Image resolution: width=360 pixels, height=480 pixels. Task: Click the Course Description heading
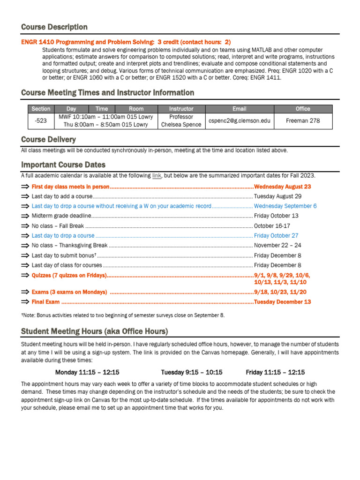[x=54, y=27]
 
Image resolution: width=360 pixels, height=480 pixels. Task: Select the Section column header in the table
[x=41, y=109]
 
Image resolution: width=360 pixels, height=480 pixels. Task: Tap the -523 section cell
[x=41, y=120]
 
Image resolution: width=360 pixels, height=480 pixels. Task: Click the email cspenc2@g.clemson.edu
[x=239, y=120]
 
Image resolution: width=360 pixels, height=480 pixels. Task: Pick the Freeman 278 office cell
[x=303, y=120]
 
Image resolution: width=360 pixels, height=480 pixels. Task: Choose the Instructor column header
[x=181, y=109]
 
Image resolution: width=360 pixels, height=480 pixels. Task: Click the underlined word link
[x=157, y=176]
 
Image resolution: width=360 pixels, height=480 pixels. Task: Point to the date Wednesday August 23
[x=282, y=187]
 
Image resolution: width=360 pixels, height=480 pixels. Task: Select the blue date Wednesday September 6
[x=285, y=206]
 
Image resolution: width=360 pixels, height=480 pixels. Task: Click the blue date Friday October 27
[x=276, y=236]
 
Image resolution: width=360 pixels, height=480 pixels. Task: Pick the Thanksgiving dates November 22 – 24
[x=277, y=246]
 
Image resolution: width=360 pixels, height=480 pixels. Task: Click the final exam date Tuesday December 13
[x=282, y=302]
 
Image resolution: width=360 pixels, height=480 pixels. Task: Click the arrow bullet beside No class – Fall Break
[x=25, y=226]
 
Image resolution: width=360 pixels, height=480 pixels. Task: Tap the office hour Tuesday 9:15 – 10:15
[x=192, y=373]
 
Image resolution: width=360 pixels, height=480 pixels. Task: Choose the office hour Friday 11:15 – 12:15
[x=275, y=373]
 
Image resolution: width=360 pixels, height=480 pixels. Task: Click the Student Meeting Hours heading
[x=94, y=331]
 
